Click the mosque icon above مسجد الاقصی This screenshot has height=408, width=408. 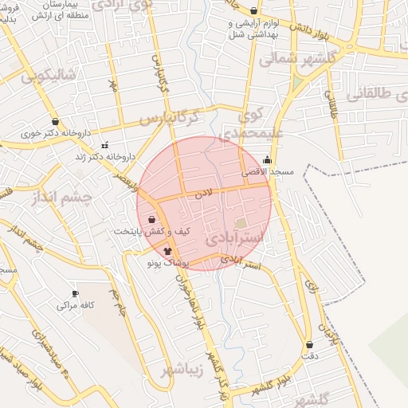click(266, 159)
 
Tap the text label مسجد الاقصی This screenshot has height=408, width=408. click(271, 171)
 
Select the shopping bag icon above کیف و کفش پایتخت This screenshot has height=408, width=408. click(151, 219)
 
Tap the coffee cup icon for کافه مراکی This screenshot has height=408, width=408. click(75, 293)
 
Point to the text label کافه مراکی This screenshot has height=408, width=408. click(76, 304)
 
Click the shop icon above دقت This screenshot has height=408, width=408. click(309, 344)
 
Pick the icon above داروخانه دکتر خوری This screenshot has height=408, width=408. click(55, 122)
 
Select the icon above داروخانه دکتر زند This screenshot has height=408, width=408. click(105, 145)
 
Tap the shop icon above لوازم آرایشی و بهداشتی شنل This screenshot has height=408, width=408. click(253, 11)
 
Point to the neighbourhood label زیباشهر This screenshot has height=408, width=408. click(182, 371)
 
